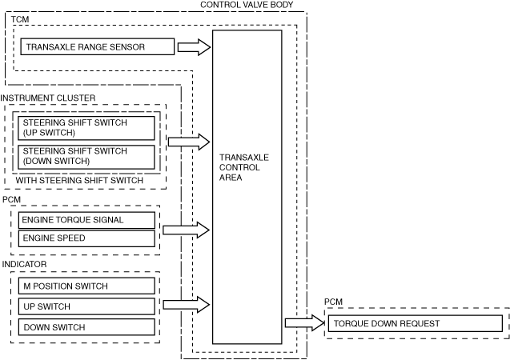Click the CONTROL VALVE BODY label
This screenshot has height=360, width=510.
coord(247,5)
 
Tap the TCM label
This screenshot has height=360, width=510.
coord(20,19)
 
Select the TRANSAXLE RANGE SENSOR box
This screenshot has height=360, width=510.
coord(97,46)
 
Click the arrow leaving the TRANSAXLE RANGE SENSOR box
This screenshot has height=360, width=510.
coord(195,47)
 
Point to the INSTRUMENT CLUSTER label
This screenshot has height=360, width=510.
coord(48,98)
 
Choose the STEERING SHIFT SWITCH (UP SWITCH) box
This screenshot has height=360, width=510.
coord(86,128)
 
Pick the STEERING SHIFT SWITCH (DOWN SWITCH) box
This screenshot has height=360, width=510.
coord(86,158)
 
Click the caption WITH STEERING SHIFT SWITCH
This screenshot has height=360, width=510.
coord(79,180)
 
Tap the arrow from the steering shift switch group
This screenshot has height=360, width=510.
coord(189,142)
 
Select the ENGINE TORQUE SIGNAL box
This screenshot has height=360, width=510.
coord(86,220)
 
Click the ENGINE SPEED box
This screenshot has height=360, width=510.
coord(86,238)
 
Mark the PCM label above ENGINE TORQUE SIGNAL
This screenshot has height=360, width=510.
coord(12,199)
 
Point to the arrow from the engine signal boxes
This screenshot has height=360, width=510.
coord(186,230)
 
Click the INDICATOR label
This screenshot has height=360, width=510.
coord(24,264)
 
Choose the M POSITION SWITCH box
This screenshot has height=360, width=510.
coord(86,286)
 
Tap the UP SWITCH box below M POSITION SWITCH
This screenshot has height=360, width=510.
coord(86,306)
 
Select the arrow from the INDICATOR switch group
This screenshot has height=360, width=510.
coord(186,305)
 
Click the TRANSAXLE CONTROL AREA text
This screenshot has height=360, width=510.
coord(244,167)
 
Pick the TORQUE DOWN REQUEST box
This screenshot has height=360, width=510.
coord(416,324)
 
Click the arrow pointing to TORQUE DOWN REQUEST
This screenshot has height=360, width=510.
coord(305,323)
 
